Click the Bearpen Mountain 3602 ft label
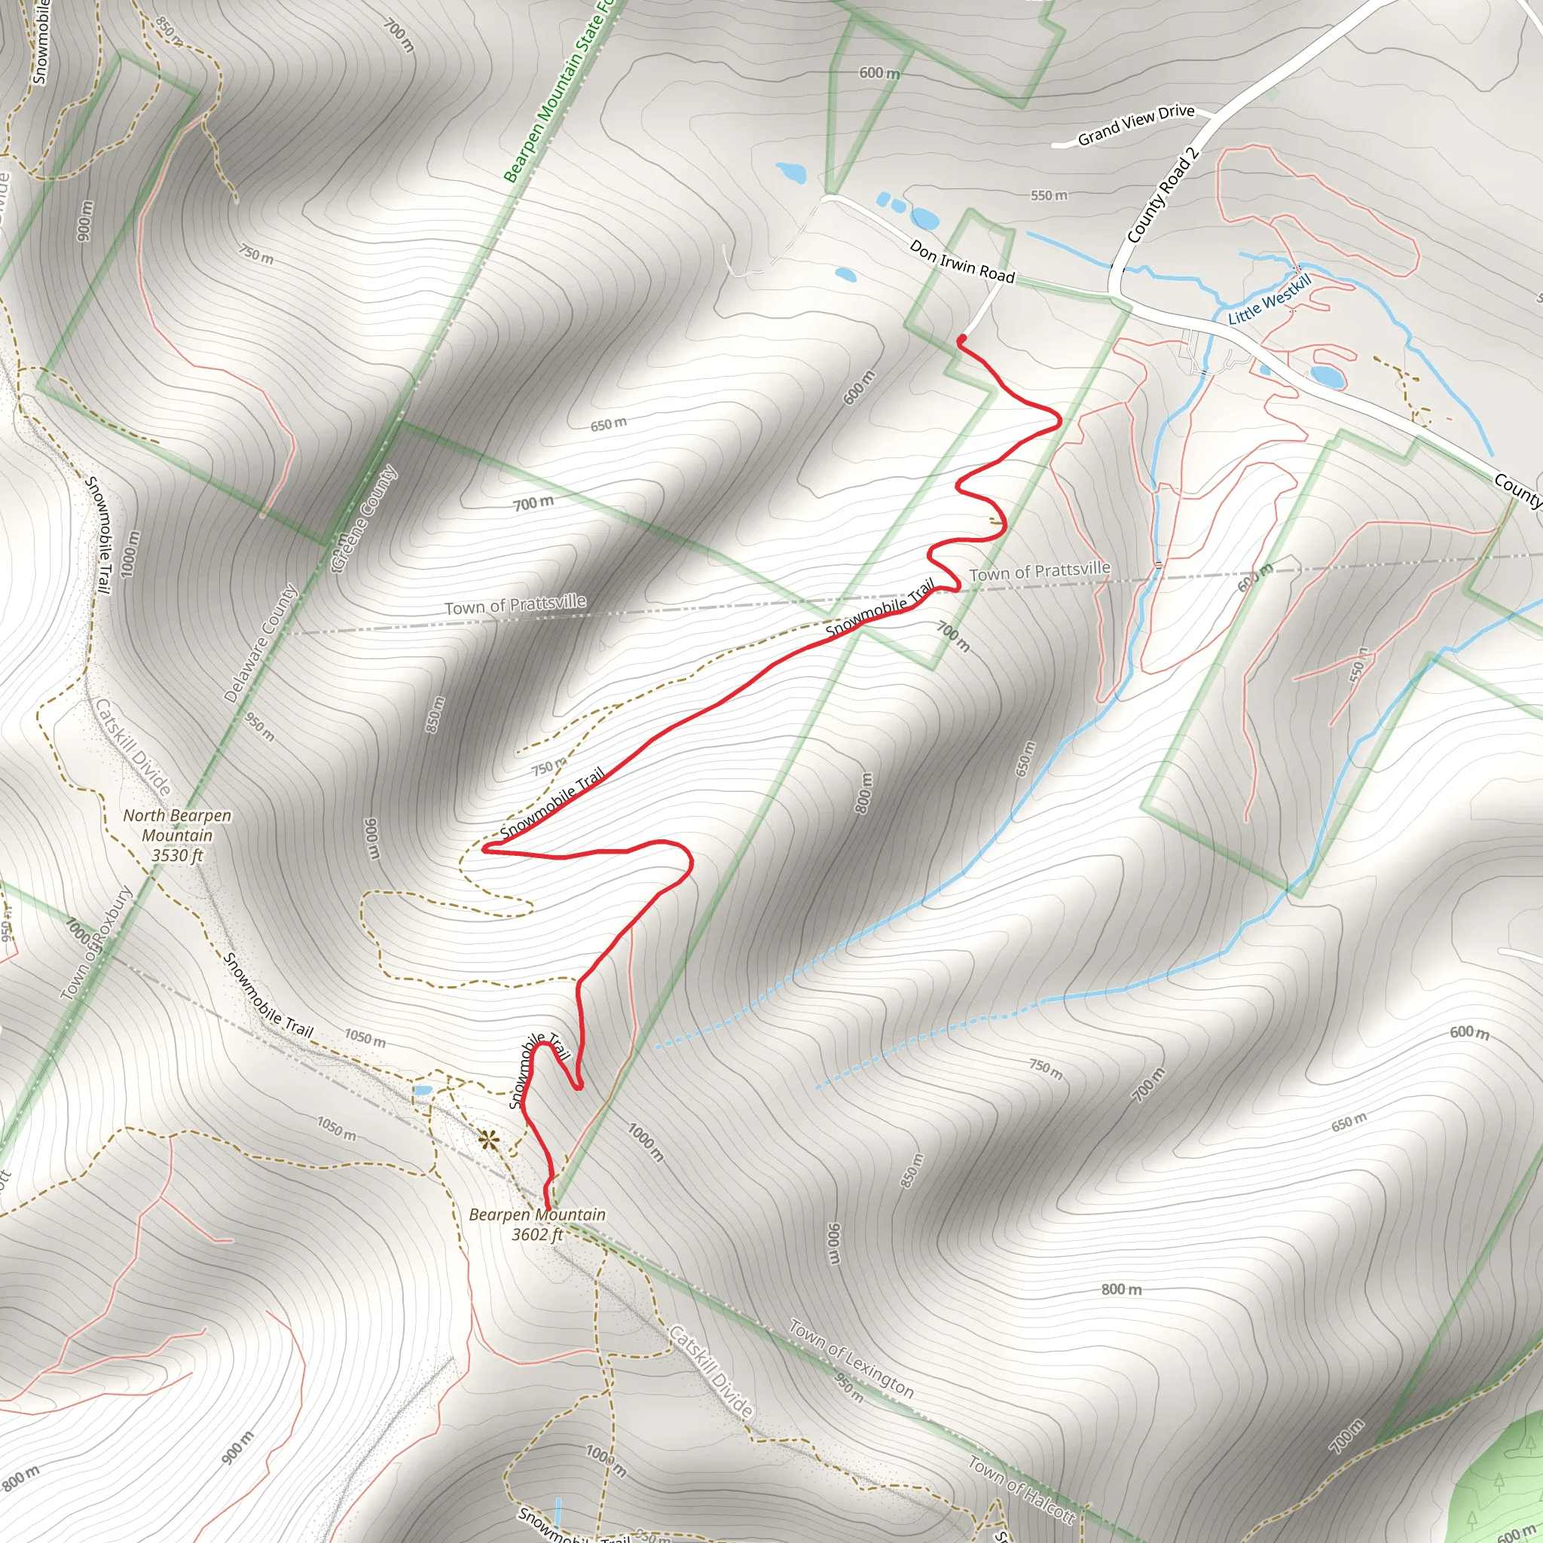coord(536,1224)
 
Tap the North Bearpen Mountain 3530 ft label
coord(176,836)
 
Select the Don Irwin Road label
coord(961,263)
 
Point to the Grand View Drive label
coord(1135,125)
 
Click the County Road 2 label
coord(1162,196)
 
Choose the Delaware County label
coord(261,643)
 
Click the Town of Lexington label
coord(851,1358)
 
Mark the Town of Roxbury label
coord(96,943)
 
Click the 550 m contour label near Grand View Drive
coord(1048,196)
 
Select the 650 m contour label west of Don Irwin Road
coord(609,424)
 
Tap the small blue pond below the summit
coord(422,1090)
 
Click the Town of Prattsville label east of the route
coord(1039,571)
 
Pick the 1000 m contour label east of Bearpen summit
coord(646,1142)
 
